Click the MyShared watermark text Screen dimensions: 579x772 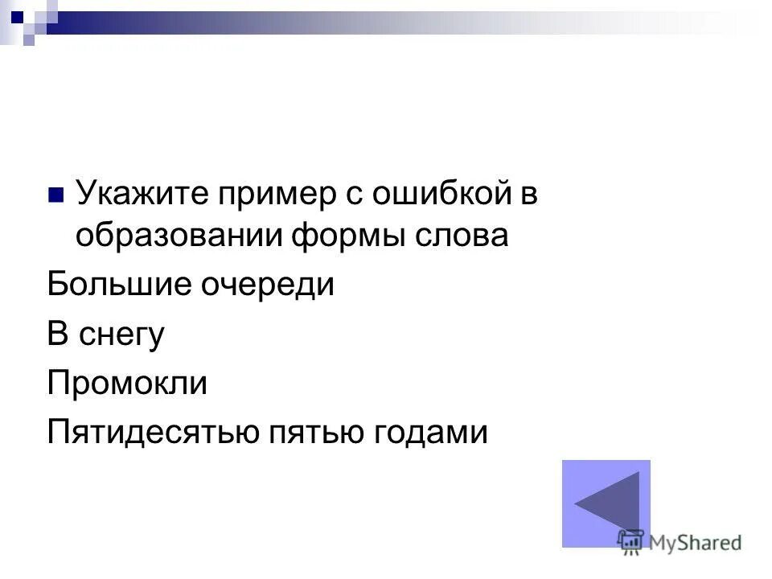696,544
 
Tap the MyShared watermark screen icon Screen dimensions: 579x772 630,543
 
